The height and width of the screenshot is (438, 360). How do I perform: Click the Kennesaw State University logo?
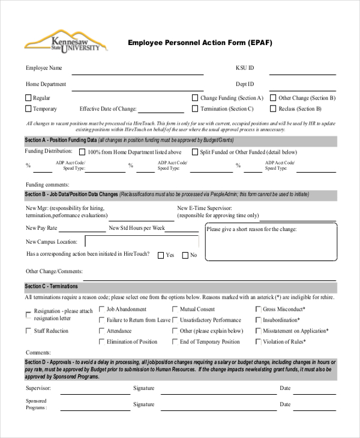pyautogui.click(x=65, y=41)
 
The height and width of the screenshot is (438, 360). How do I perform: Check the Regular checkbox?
pyautogui.click(x=28, y=98)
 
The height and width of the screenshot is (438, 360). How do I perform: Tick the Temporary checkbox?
pyautogui.click(x=28, y=109)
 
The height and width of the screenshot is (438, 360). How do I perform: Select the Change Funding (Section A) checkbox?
pyautogui.click(x=195, y=98)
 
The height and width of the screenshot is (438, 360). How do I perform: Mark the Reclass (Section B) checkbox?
pyautogui.click(x=273, y=109)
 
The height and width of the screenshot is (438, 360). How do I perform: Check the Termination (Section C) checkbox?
pyautogui.click(x=195, y=109)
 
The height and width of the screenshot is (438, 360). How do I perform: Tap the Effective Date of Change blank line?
pyautogui.click(x=161, y=111)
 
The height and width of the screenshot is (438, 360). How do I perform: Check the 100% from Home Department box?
pyautogui.click(x=82, y=152)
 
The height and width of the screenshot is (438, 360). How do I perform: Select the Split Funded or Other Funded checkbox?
pyautogui.click(x=195, y=152)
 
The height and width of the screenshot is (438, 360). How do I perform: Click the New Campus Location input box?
pyautogui.click(x=142, y=241)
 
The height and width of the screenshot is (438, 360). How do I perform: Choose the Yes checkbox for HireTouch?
pyautogui.click(x=161, y=255)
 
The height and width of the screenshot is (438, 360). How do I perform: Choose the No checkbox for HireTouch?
pyautogui.click(x=185, y=255)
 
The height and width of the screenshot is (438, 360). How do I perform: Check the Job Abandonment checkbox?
pyautogui.click(x=101, y=310)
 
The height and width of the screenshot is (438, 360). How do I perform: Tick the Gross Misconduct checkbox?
pyautogui.click(x=258, y=310)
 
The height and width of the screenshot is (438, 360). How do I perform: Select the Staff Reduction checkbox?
pyautogui.click(x=28, y=331)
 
